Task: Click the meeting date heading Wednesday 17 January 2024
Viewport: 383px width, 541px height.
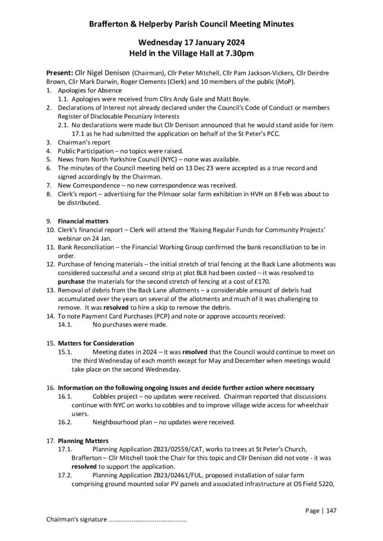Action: point(191,42)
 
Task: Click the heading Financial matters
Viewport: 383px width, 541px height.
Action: point(83,221)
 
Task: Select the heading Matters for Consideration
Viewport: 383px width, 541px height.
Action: point(96,343)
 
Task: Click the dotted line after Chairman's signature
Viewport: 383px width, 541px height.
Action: point(148,519)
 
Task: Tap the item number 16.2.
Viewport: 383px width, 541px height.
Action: point(65,422)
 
